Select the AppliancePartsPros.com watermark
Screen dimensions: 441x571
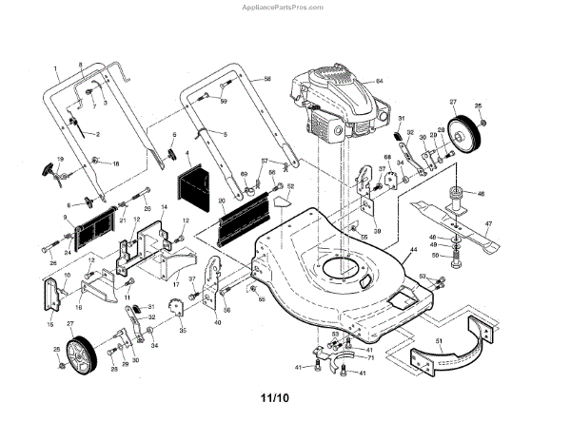point(285,6)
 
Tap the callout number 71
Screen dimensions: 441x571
point(371,356)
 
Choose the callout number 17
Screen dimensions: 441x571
point(176,283)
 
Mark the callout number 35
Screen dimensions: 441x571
point(183,330)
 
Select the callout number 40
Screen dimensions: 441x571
point(218,323)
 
